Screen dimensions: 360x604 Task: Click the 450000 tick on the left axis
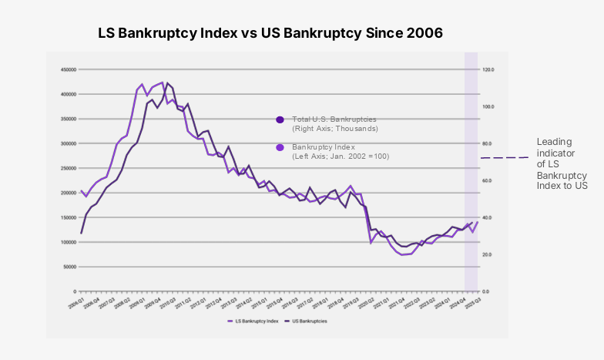[x=68, y=69]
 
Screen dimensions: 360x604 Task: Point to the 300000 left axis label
[x=68, y=143]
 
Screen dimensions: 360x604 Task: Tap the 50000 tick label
[x=69, y=267]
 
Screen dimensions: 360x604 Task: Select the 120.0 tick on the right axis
[x=487, y=69]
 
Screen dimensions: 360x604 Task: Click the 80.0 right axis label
[x=486, y=143]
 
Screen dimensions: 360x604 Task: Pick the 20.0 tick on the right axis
[x=486, y=254]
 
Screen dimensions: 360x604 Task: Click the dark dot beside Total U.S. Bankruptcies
[x=280, y=119]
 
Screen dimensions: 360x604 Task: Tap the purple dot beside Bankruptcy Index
[x=280, y=147]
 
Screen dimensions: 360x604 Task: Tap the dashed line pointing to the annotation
[x=505, y=158]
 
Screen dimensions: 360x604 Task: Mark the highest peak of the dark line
[x=168, y=83]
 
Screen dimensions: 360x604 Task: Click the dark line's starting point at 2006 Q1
[x=81, y=233]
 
